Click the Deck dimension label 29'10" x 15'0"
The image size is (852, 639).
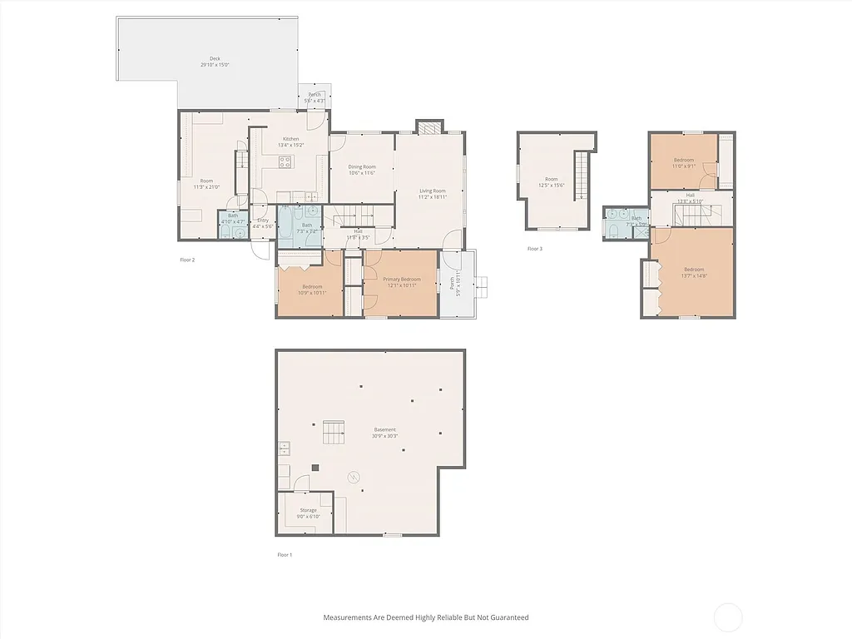pos(215,65)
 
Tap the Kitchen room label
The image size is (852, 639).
pos(290,139)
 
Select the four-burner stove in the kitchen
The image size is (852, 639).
pos(285,162)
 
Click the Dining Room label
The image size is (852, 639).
pos(361,167)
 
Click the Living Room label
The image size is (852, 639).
pos(432,191)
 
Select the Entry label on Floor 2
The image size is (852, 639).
pos(262,220)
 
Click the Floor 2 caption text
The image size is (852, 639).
pos(187,260)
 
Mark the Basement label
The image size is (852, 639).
pos(384,430)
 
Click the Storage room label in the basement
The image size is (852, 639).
pos(308,510)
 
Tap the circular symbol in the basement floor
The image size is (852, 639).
pos(354,477)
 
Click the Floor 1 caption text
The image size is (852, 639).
pos(285,554)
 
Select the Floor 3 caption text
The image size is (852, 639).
pos(534,248)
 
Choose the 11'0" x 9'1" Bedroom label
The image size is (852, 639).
pos(683,160)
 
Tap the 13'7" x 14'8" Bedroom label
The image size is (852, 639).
pos(694,270)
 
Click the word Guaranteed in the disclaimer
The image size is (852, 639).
pos(507,617)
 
